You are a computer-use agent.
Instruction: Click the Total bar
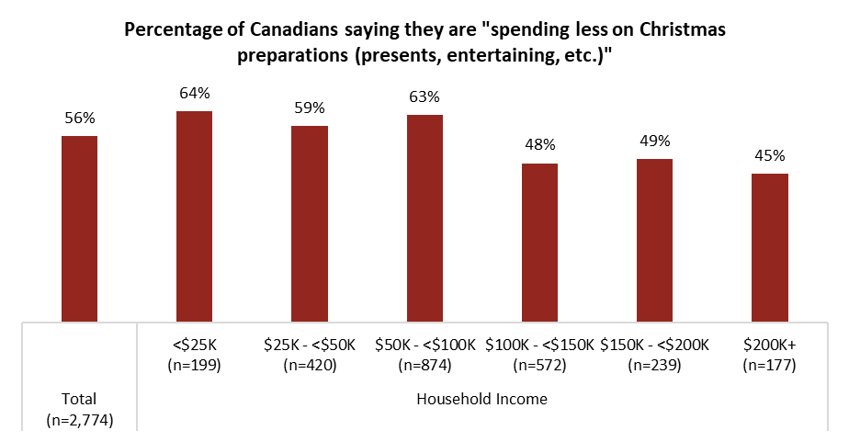(79, 229)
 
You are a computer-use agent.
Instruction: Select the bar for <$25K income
(195, 216)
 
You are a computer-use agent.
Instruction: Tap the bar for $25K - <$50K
(310, 223)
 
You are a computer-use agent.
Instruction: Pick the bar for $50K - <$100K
(424, 218)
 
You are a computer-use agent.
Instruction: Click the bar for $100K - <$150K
(539, 243)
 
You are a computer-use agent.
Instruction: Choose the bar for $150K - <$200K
(655, 240)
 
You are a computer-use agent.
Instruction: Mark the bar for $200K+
(770, 247)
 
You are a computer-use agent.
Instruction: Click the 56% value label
(79, 119)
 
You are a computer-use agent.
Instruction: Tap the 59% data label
(310, 108)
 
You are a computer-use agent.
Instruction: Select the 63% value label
(424, 96)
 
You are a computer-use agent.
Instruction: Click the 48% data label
(539, 145)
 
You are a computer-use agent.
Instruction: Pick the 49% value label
(655, 142)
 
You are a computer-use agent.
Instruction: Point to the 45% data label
(770, 155)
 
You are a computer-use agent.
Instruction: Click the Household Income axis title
(482, 399)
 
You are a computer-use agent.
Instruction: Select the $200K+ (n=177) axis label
(770, 356)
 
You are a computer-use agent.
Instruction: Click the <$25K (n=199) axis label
(195, 356)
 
